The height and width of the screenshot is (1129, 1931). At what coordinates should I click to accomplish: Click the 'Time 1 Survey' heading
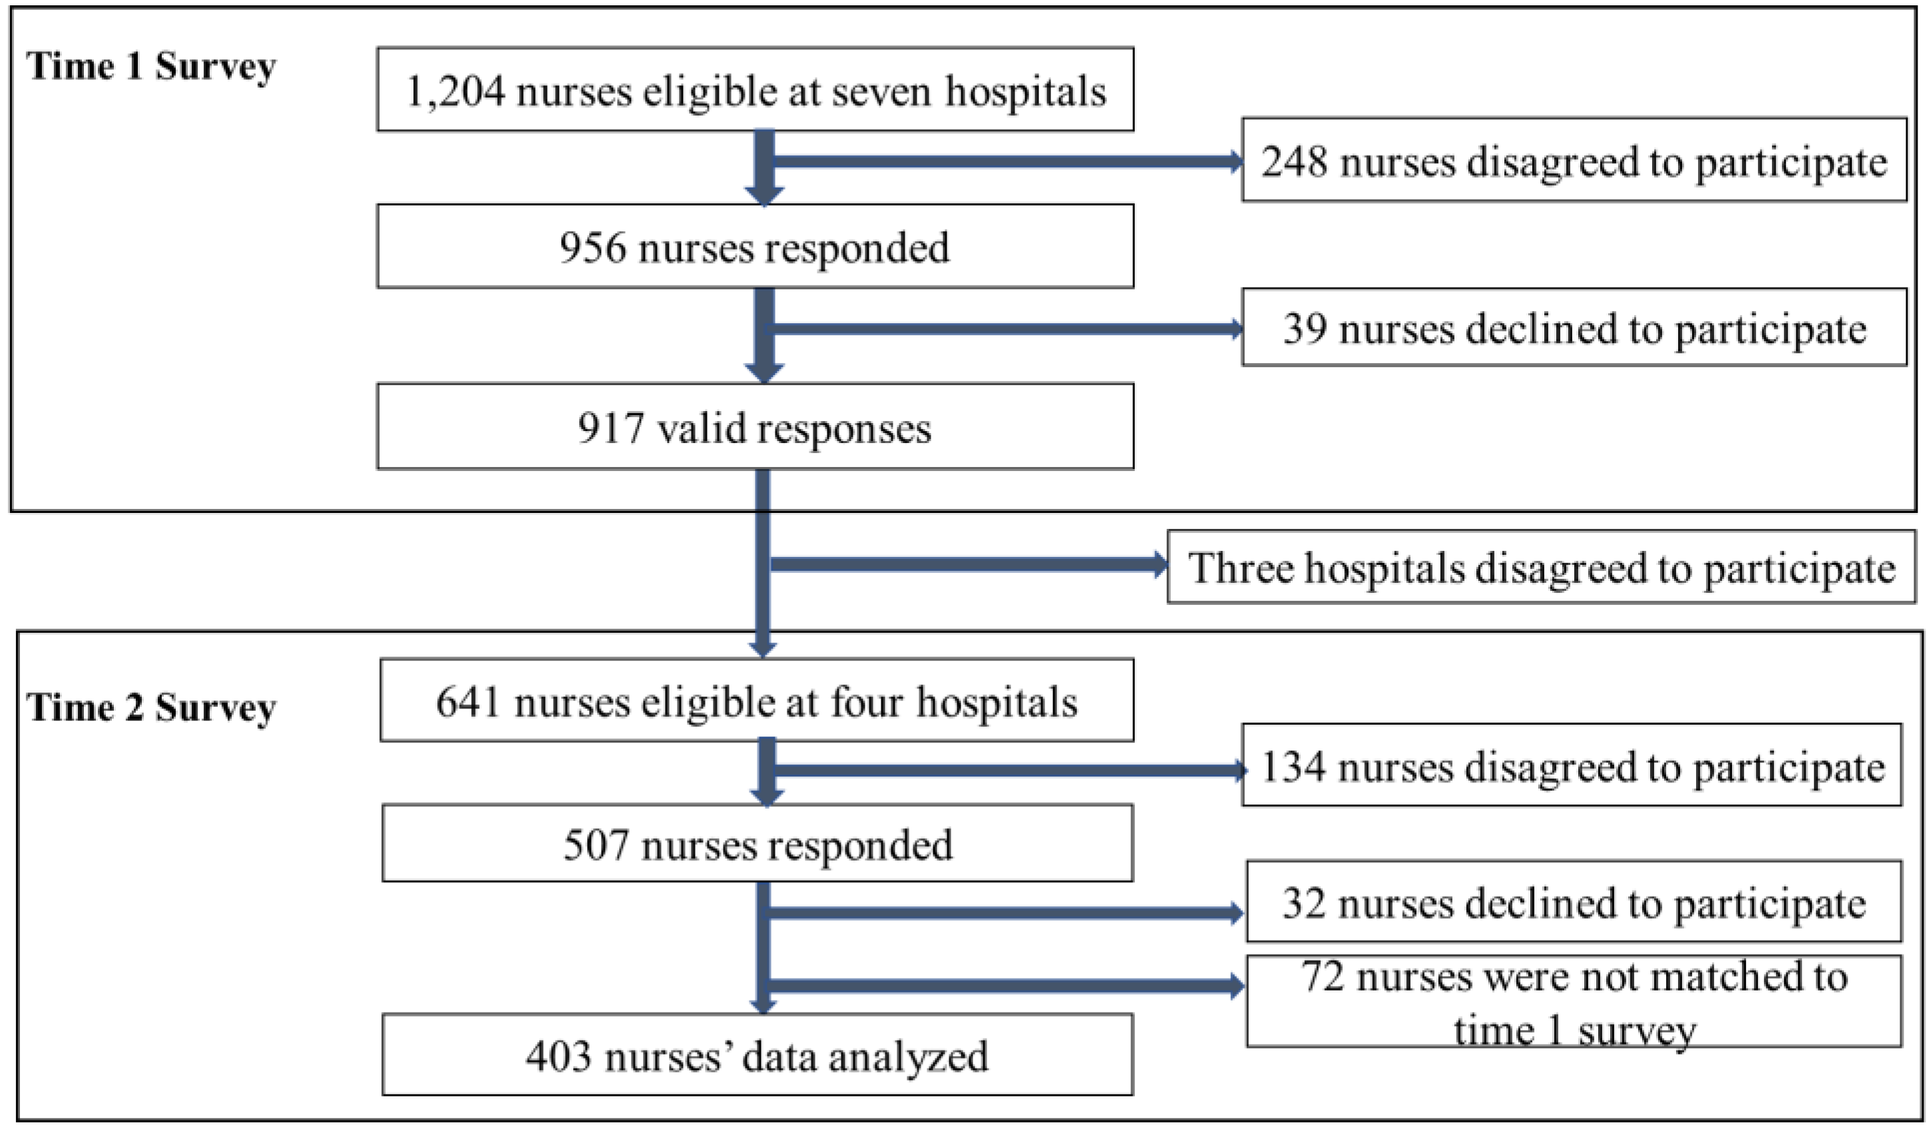click(151, 67)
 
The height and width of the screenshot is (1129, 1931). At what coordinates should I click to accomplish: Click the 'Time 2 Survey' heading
click(151, 707)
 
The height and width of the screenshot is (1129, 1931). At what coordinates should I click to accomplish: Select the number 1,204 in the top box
click(454, 92)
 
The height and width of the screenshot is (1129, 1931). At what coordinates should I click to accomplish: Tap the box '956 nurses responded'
click(755, 247)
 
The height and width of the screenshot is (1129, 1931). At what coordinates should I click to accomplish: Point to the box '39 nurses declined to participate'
click(1574, 329)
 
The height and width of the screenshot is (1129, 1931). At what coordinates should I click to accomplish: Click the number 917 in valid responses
click(610, 427)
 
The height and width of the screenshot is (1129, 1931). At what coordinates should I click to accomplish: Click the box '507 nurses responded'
click(757, 845)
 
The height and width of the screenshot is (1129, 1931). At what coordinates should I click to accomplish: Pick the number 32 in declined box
click(1303, 903)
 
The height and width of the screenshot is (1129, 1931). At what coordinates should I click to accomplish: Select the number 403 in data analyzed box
click(558, 1057)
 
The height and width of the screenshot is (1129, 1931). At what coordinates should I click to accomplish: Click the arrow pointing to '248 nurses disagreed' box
click(1004, 161)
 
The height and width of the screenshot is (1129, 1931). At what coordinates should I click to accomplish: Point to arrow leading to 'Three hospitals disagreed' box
click(965, 564)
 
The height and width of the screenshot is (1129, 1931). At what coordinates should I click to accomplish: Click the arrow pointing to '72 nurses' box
click(1004, 985)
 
